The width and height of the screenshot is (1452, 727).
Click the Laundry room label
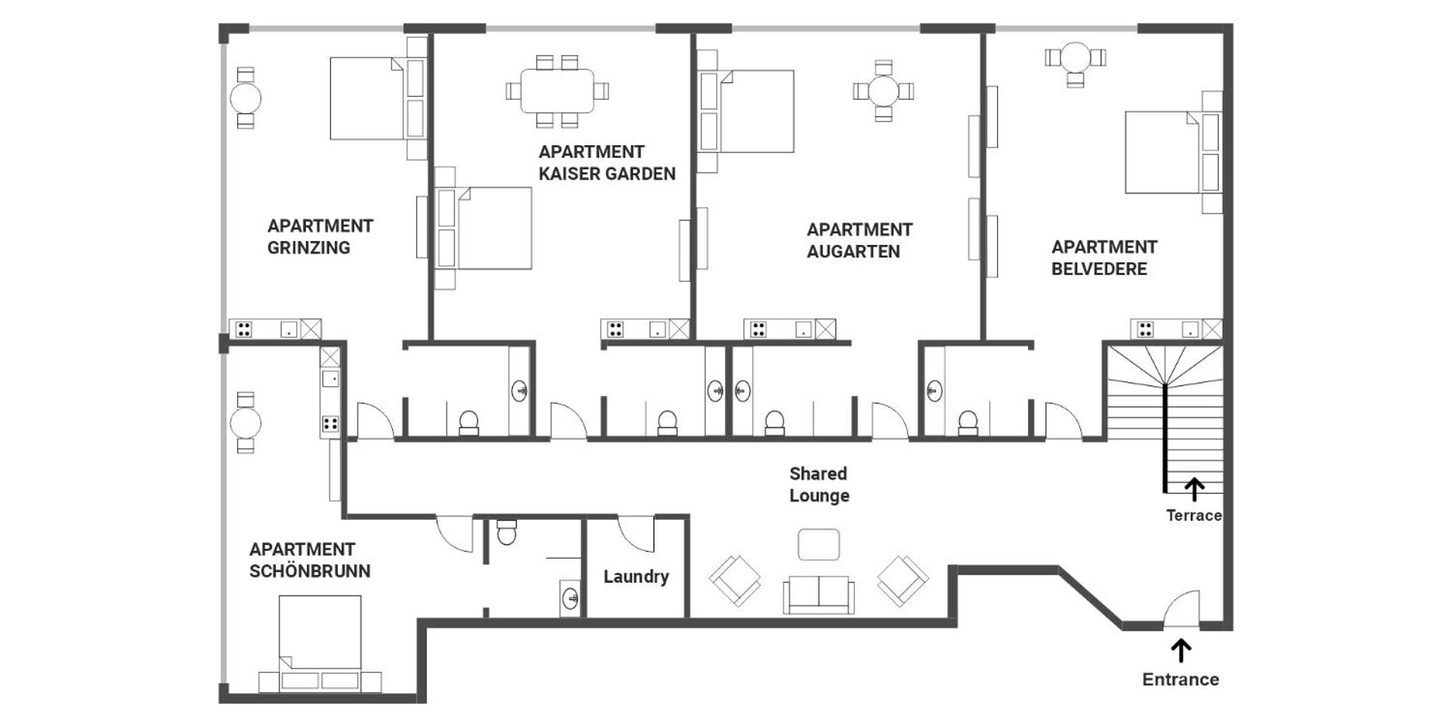[x=636, y=577]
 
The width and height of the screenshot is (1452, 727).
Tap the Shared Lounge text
[x=819, y=484]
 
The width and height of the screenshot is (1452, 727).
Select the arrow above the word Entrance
[x=1181, y=651]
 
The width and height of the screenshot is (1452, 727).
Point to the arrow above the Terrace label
[x=1194, y=490]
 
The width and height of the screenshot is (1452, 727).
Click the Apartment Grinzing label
[x=320, y=237]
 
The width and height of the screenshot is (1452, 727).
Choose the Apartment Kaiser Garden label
[x=607, y=162]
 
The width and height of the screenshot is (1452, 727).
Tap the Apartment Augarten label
[x=859, y=240]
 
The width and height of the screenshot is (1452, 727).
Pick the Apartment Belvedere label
[x=1104, y=258]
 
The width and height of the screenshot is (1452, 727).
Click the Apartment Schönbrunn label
[x=310, y=560]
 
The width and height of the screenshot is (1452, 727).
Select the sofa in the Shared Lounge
[x=819, y=595]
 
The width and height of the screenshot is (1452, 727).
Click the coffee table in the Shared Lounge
[x=819, y=544]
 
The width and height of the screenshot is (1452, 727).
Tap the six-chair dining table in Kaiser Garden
[x=557, y=91]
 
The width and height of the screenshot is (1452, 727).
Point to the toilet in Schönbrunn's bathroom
[x=506, y=531]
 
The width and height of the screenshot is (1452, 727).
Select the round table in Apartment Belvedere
[x=1075, y=58]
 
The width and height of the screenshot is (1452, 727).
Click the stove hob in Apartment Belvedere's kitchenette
[x=1146, y=329]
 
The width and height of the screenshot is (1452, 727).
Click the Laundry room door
[x=636, y=534]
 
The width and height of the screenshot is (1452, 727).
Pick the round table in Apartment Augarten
[x=884, y=91]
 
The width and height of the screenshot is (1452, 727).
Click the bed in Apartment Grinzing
[x=379, y=98]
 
